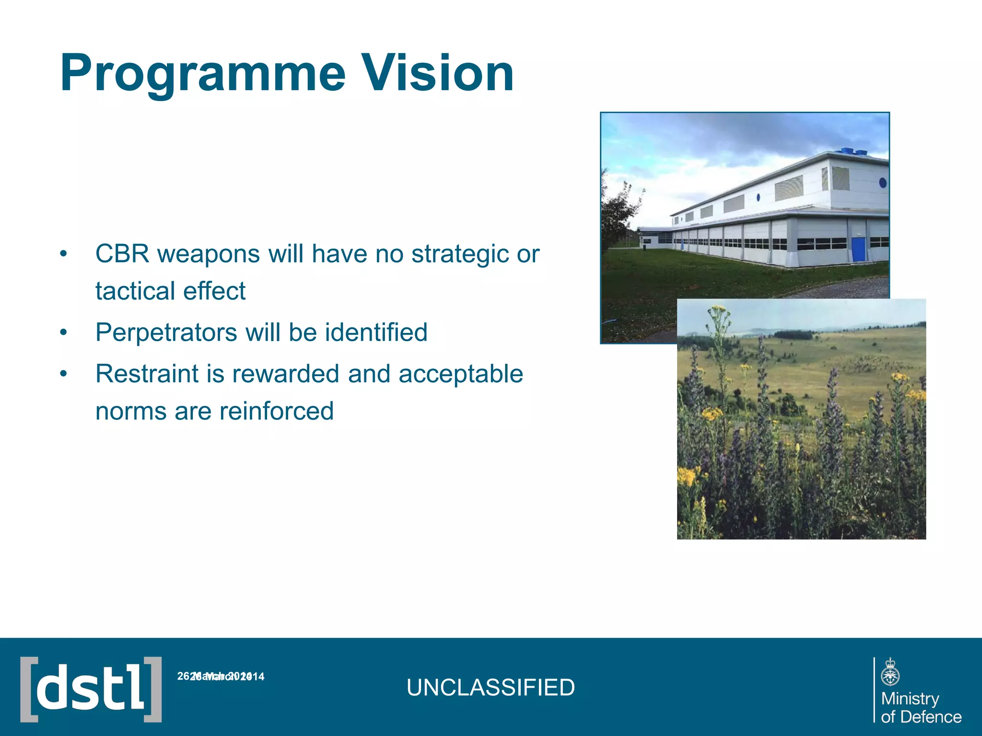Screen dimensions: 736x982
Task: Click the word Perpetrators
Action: pos(166,333)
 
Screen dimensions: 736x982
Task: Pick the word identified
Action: pos(376,332)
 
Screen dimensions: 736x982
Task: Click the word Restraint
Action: pos(147,374)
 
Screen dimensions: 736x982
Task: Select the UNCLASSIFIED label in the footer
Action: pos(491,688)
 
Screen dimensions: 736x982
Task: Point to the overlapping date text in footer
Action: pos(221,677)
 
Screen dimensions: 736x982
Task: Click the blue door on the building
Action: pos(858,249)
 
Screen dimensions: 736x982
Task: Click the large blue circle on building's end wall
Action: pos(882,183)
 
